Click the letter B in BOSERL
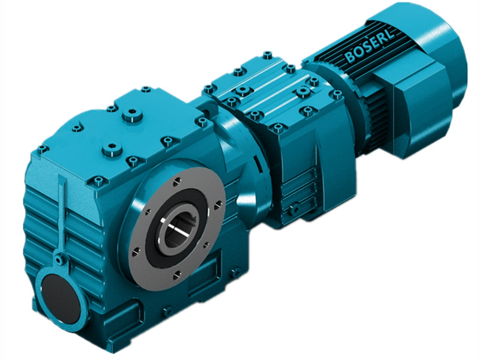(x=350, y=58)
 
